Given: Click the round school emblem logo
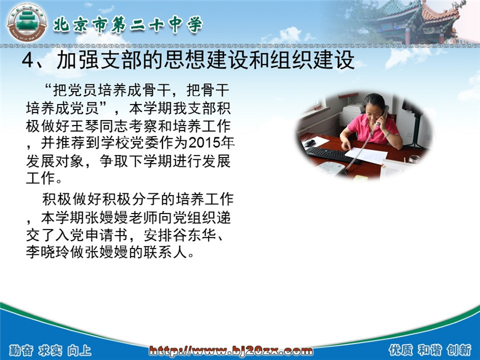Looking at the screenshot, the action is (27, 24).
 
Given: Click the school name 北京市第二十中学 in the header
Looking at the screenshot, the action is (128, 25).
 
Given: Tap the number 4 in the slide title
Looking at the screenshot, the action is (27, 60).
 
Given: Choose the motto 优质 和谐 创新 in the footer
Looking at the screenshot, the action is (430, 350).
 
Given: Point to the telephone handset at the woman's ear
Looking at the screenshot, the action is (383, 115).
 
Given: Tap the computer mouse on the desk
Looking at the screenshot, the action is (310, 143).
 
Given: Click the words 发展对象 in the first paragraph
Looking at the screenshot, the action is (55, 161).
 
